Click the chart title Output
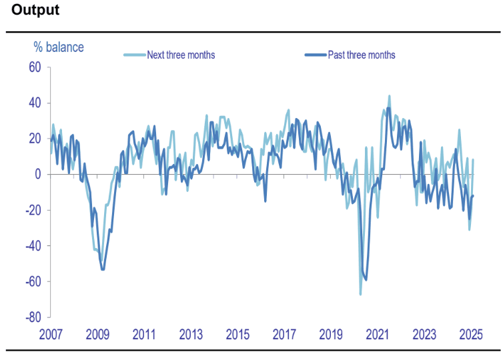click(x=35, y=11)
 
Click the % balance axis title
click(x=59, y=47)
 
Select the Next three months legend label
click(x=181, y=55)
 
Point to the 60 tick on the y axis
click(x=35, y=67)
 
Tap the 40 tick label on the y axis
click(x=35, y=103)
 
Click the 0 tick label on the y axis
click(x=38, y=174)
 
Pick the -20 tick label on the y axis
click(x=33, y=210)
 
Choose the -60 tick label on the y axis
click(x=33, y=281)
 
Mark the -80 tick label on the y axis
click(x=33, y=317)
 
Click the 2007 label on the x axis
click(x=51, y=333)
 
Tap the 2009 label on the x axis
click(x=97, y=333)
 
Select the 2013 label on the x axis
click(x=191, y=333)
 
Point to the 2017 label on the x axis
click(x=284, y=333)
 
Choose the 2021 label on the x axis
click(x=378, y=333)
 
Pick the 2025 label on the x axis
click(x=471, y=333)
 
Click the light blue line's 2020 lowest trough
click(x=360, y=294)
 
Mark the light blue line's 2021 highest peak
click(x=390, y=96)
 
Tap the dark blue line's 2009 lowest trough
click(x=102, y=269)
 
